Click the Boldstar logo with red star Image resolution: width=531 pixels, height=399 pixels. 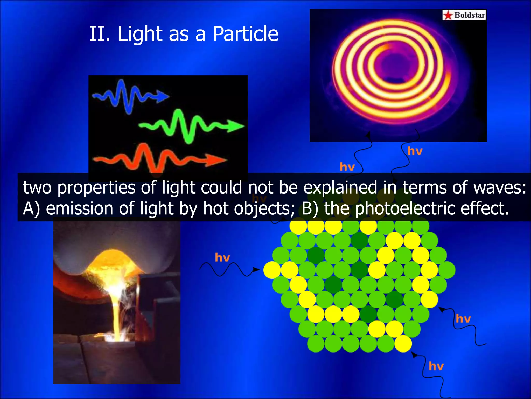464,15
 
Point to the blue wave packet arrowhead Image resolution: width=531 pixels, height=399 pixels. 163,96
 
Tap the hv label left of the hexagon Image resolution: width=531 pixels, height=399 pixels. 222,257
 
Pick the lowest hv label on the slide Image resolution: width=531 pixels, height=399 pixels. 436,366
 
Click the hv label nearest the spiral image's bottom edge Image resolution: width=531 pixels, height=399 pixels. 415,151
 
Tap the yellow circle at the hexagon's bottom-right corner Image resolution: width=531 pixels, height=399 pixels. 403,343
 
